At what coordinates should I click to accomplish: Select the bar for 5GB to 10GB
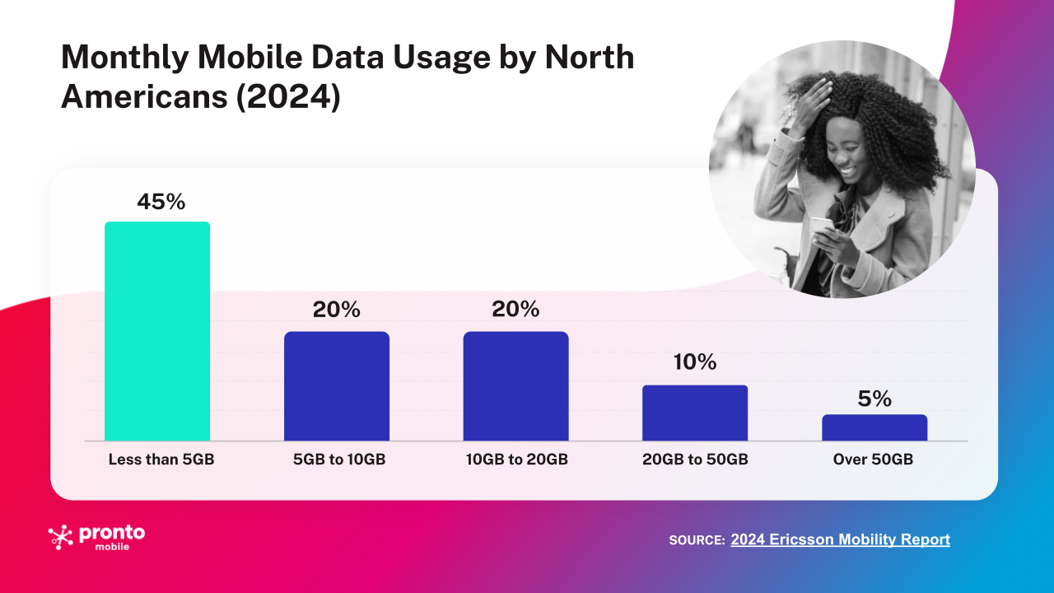click(337, 386)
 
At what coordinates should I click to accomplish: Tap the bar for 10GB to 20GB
click(515, 386)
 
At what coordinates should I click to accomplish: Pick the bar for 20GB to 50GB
click(695, 413)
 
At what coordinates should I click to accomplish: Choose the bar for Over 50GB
click(874, 427)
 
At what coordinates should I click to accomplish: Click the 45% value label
click(161, 202)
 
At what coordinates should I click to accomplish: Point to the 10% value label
click(693, 362)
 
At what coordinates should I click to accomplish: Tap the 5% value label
click(874, 399)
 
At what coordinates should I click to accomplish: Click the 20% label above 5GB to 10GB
click(336, 310)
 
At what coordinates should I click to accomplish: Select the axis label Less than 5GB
click(161, 460)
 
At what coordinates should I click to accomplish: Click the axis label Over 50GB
click(873, 460)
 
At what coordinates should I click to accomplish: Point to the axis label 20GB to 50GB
click(695, 460)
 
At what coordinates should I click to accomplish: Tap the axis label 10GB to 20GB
click(515, 460)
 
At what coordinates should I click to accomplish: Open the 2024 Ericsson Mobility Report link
click(840, 539)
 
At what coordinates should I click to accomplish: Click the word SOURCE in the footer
click(696, 540)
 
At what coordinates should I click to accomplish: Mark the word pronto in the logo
click(111, 533)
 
